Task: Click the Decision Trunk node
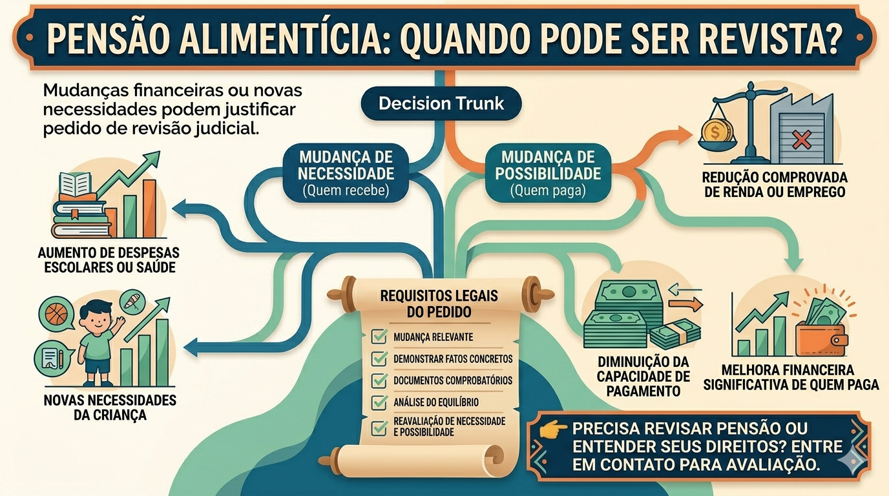point(441,104)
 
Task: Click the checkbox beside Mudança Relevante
point(379,336)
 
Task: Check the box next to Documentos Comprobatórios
point(379,380)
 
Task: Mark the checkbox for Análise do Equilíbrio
point(379,402)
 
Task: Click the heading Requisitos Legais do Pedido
point(439,304)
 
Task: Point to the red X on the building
point(801,139)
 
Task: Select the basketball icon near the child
point(57,315)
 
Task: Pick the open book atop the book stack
point(76,184)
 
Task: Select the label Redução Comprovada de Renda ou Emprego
point(775,184)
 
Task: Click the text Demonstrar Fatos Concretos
point(452,358)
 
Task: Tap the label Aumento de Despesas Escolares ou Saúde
point(109,259)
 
